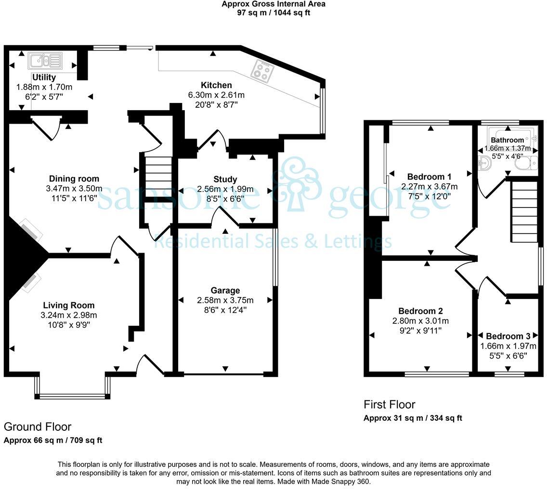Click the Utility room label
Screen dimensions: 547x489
(44, 77)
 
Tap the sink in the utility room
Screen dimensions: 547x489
(46, 61)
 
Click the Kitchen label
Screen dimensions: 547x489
(216, 85)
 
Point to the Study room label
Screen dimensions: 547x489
(225, 179)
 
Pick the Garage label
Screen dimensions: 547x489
(225, 290)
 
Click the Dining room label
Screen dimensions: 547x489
(74, 179)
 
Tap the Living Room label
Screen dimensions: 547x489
(69, 305)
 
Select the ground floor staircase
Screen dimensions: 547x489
(158, 174)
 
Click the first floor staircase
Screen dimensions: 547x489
(524, 212)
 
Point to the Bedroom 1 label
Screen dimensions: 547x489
(429, 177)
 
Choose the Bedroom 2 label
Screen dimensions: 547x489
(420, 311)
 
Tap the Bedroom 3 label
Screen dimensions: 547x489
(508, 336)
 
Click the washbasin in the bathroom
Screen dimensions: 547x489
(485, 162)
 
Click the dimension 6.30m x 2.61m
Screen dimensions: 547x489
(216, 95)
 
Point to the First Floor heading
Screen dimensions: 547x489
(390, 404)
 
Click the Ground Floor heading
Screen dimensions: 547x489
(38, 426)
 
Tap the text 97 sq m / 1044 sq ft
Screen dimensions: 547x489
(273, 13)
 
